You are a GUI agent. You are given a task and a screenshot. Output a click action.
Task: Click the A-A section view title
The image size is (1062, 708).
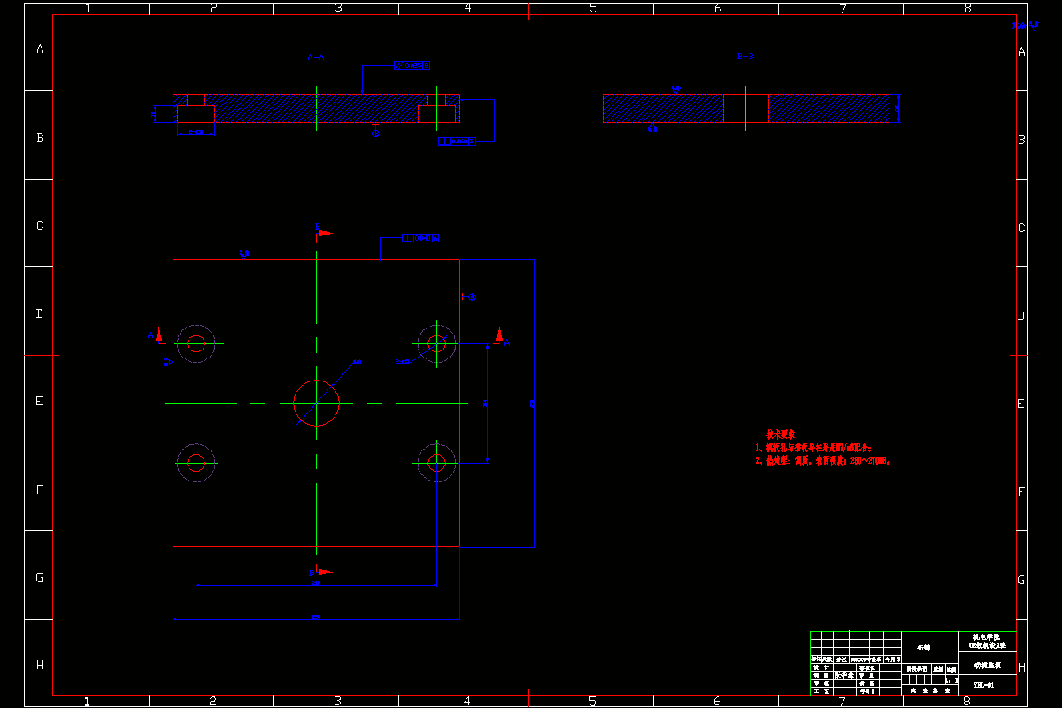click(316, 58)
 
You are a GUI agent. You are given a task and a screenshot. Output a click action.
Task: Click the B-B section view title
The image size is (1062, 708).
click(745, 58)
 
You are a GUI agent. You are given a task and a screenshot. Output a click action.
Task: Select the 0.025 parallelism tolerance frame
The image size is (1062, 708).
click(412, 65)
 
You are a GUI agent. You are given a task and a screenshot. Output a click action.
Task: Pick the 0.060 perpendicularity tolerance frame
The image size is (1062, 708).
click(457, 141)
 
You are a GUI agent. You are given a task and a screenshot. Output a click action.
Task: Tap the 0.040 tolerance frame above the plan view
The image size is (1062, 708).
click(420, 238)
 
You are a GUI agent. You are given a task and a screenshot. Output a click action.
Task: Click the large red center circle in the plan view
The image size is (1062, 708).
click(316, 403)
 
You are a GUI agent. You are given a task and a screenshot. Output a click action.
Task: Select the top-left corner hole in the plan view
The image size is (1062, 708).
click(196, 342)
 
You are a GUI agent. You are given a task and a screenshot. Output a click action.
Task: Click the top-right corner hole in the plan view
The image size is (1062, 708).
click(435, 342)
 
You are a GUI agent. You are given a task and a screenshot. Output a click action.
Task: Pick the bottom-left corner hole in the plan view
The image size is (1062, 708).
click(196, 462)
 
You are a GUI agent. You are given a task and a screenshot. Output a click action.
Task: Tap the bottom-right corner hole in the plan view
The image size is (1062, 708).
click(435, 462)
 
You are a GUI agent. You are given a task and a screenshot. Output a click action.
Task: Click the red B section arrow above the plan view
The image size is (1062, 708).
click(325, 233)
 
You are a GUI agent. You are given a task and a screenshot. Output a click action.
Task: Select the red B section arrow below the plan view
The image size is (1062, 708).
click(325, 572)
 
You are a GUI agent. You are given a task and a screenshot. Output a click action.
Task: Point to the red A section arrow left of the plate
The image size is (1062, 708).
click(159, 335)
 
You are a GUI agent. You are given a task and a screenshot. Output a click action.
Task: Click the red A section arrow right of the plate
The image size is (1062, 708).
click(499, 335)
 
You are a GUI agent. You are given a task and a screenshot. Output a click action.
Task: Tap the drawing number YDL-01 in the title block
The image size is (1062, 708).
click(984, 684)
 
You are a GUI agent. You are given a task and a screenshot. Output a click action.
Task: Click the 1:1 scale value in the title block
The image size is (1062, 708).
click(951, 680)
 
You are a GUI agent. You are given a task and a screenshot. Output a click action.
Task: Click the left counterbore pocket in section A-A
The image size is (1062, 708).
click(196, 114)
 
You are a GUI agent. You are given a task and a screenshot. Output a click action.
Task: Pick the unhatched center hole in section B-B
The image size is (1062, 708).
click(746, 108)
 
